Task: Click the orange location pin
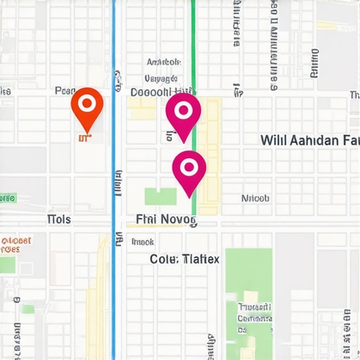[87, 109]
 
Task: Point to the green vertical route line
[193, 42]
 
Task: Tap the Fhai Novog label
[167, 220]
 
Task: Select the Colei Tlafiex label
[184, 259]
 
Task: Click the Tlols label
[59, 219]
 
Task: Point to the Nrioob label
[255, 198]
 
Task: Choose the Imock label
[143, 242]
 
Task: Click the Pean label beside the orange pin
[65, 91]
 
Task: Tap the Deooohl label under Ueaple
[162, 91]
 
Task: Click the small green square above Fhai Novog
[160, 197]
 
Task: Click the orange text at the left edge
[15, 245]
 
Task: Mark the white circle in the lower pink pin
[188, 167]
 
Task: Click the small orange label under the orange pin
[84, 139]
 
